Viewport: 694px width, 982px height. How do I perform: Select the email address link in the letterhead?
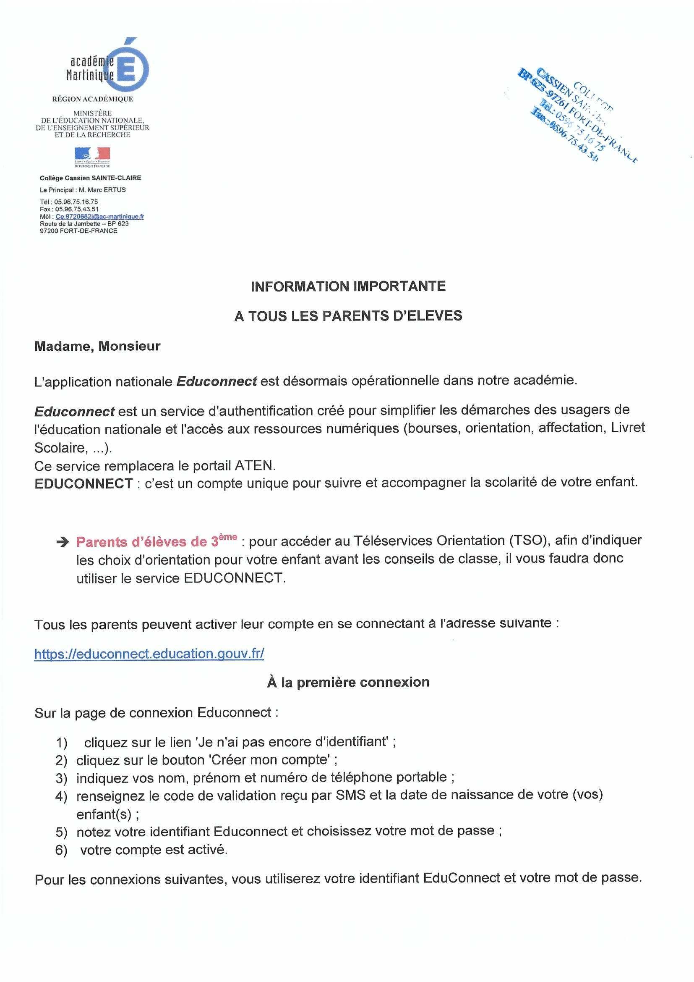pyautogui.click(x=99, y=216)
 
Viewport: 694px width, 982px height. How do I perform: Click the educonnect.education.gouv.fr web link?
pyautogui.click(x=149, y=654)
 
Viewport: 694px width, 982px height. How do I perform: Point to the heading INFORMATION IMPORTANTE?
pyautogui.click(x=348, y=286)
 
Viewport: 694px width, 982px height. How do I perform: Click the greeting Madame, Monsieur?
pyautogui.click(x=97, y=346)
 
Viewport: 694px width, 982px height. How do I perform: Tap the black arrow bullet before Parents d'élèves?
pyautogui.click(x=63, y=542)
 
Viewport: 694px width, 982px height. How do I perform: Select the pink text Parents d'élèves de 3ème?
pyautogui.click(x=157, y=541)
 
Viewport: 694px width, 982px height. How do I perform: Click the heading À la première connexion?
pyautogui.click(x=348, y=682)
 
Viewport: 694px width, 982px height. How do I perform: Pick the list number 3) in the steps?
pyautogui.click(x=62, y=778)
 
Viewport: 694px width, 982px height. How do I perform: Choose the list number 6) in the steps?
pyautogui.click(x=62, y=851)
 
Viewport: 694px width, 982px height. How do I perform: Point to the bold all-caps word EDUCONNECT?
pyautogui.click(x=84, y=483)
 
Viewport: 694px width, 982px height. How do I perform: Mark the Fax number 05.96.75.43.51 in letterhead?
pyautogui.click(x=76, y=209)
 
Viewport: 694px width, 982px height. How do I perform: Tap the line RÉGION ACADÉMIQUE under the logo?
pyautogui.click(x=92, y=99)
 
